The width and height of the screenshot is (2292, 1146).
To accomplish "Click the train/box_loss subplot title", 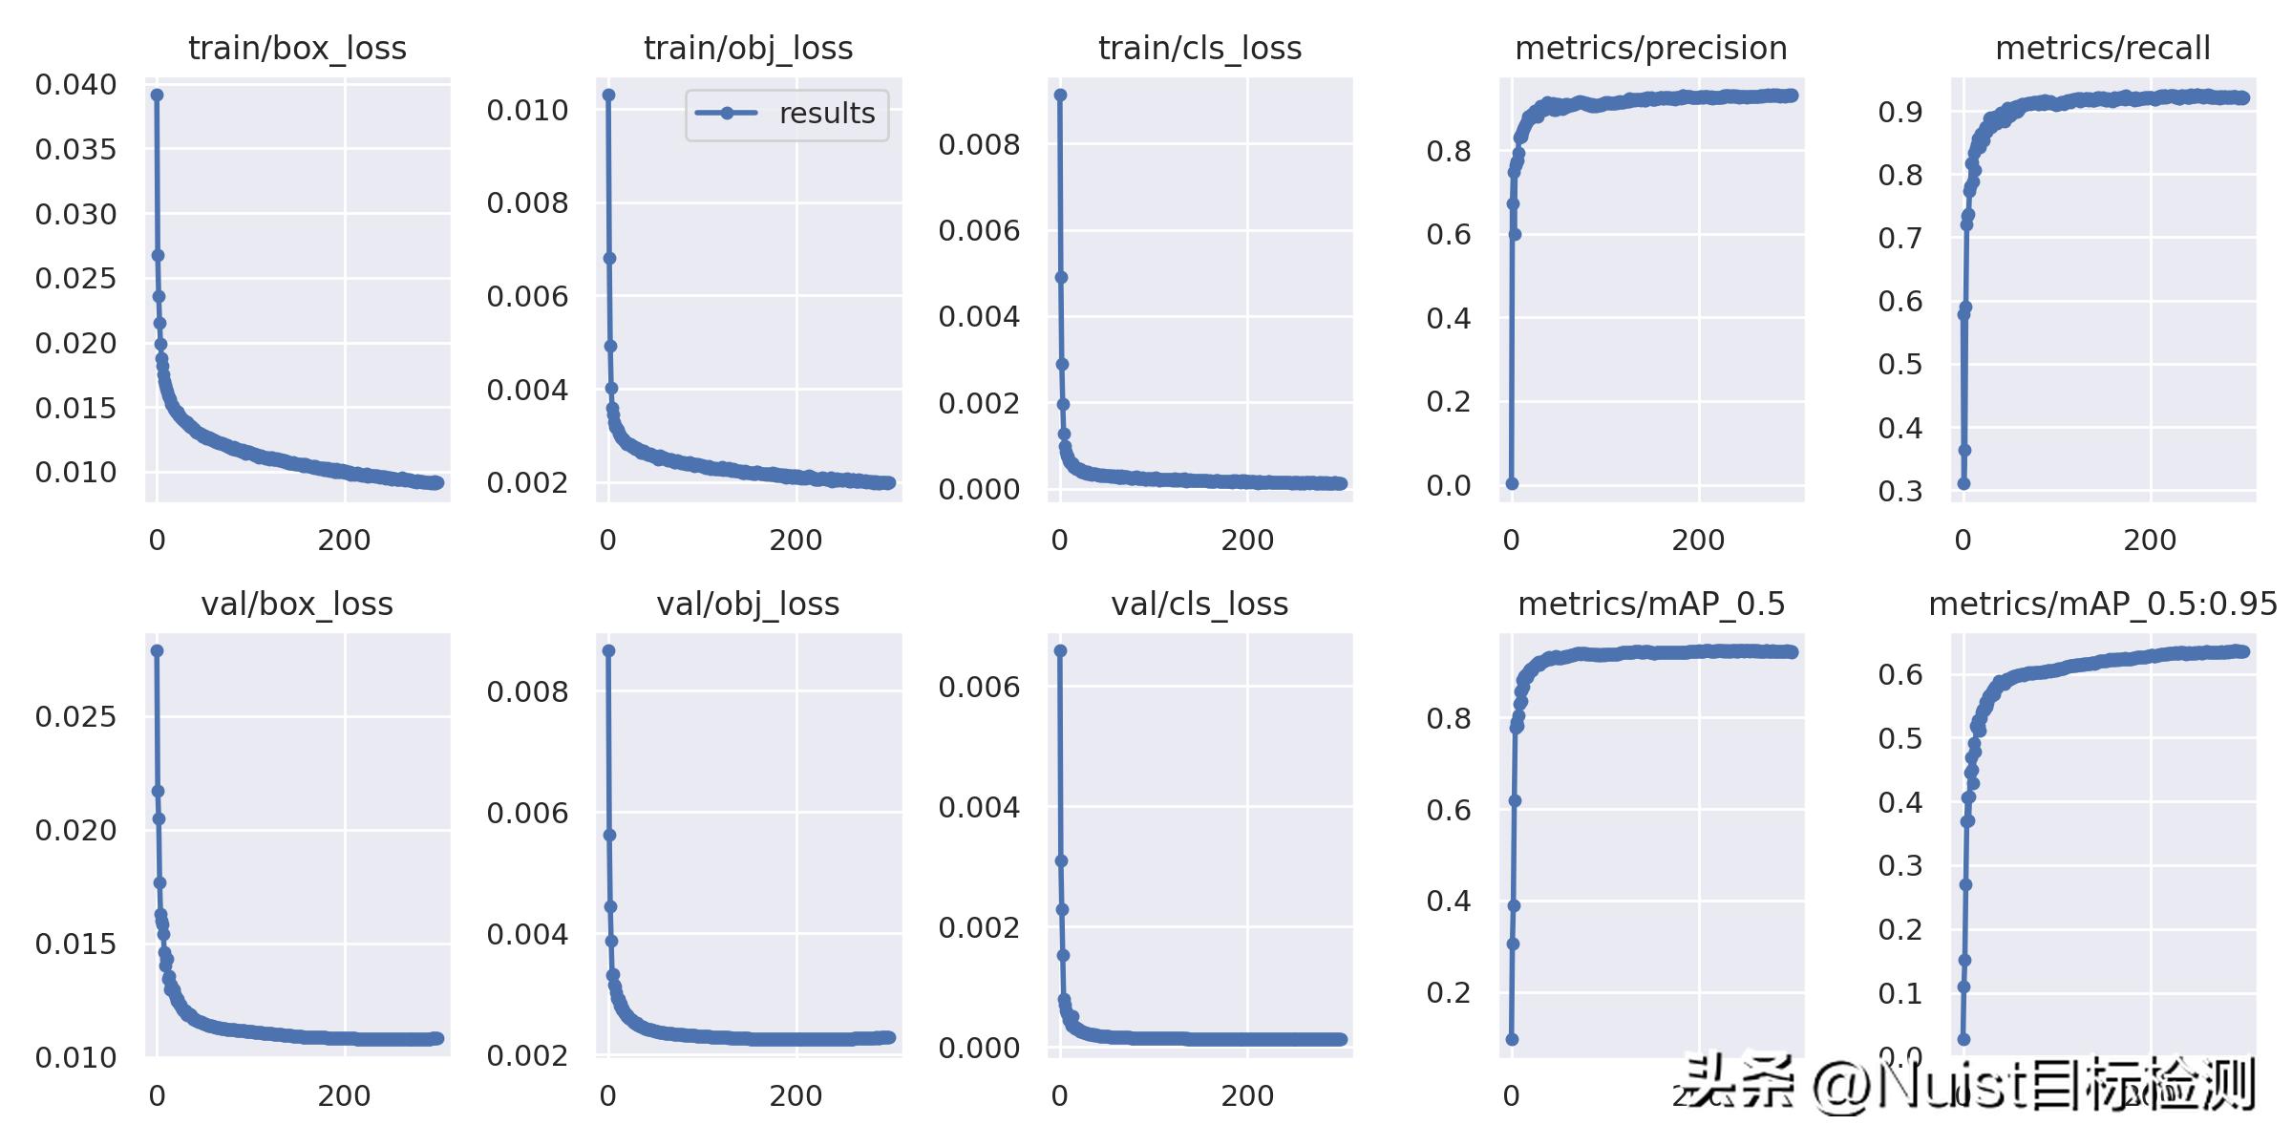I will click(297, 48).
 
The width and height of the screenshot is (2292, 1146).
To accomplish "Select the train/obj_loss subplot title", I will click(748, 48).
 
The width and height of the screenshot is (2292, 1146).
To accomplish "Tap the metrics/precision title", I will click(1650, 48).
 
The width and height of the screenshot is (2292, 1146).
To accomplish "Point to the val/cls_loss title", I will click(1199, 604).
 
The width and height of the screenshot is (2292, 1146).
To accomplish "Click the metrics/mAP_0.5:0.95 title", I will click(2102, 604).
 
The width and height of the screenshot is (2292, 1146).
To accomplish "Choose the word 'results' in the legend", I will click(827, 114).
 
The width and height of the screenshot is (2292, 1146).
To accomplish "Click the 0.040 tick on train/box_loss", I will click(76, 85).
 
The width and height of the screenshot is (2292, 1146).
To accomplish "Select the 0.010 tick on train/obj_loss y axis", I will click(527, 110).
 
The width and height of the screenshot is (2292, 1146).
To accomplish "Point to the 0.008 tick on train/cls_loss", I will click(979, 144).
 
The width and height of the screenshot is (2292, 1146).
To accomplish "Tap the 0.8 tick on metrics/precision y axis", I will click(1449, 151).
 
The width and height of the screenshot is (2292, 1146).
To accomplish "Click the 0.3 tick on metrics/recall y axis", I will click(1900, 491).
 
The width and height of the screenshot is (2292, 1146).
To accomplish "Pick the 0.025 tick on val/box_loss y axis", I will click(76, 716).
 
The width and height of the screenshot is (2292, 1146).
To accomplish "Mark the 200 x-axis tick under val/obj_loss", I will click(796, 1096).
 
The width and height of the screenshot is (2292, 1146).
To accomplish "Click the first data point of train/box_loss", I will click(157, 95).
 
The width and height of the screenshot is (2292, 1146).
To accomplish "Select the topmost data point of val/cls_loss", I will click(1060, 650).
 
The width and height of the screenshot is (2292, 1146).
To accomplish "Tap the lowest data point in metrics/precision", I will click(1512, 483).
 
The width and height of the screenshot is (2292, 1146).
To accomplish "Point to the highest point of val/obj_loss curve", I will click(608, 650).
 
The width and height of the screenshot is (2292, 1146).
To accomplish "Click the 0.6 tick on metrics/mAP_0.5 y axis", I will click(1449, 810).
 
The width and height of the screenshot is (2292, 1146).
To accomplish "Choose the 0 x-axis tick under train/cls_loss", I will click(1059, 541).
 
